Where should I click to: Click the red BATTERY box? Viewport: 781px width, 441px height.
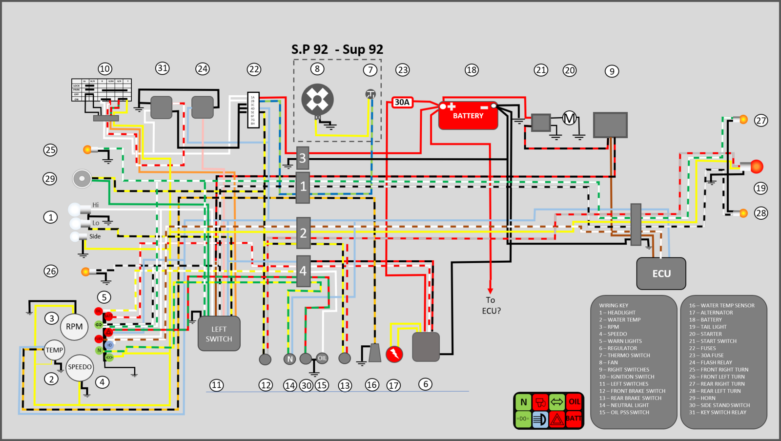point(468,116)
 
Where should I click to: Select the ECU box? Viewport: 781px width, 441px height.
point(661,273)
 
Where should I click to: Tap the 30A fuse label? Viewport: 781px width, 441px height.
point(402,102)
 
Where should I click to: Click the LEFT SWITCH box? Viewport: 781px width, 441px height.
point(219,334)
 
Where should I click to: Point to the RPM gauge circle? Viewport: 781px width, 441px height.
point(74,327)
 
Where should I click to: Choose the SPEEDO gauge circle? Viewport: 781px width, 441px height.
point(80,367)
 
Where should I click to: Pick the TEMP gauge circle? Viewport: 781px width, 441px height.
point(54,350)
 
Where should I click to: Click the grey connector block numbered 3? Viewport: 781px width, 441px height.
point(303,158)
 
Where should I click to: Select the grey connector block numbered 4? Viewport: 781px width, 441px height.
point(303,271)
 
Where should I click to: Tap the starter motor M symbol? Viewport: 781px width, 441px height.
point(569,118)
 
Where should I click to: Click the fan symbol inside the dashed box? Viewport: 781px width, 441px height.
point(317,100)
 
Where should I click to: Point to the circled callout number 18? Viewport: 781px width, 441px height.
point(472,70)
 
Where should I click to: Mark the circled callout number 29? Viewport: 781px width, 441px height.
point(50,179)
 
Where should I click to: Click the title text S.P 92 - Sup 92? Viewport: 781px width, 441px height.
point(337,49)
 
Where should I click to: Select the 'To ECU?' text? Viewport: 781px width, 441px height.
point(491,305)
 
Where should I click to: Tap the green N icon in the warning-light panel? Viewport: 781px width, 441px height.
point(524,402)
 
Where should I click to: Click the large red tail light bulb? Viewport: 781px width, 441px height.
point(756,167)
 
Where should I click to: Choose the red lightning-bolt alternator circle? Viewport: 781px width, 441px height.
point(394,354)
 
